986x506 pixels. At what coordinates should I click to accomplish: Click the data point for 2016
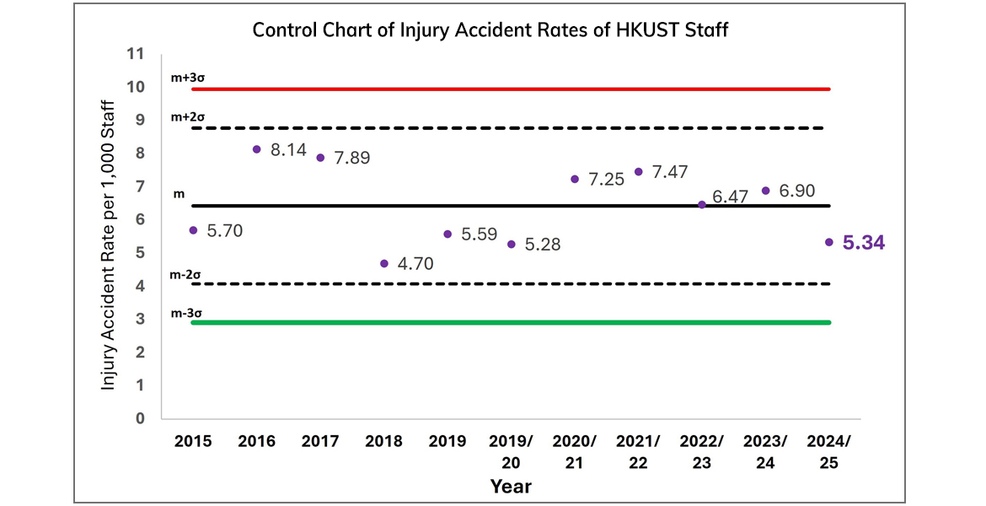tap(257, 149)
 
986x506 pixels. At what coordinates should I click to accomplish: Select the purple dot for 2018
tap(384, 264)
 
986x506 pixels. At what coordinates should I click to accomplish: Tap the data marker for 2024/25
tap(829, 242)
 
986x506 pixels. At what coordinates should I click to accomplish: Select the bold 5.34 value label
tap(865, 244)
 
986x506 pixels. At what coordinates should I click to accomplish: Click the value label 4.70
tap(415, 265)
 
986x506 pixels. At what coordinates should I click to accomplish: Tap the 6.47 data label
tap(730, 196)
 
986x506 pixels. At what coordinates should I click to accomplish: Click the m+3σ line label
tap(187, 78)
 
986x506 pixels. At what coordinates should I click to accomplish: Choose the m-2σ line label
tap(186, 275)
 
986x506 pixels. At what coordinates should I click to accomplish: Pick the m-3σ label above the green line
tap(186, 313)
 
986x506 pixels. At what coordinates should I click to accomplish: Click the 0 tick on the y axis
tap(141, 418)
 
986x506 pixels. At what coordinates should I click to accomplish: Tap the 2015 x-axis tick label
tap(193, 441)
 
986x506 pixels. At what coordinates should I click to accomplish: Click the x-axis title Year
tap(511, 487)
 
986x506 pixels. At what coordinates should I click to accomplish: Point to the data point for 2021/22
tap(639, 172)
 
